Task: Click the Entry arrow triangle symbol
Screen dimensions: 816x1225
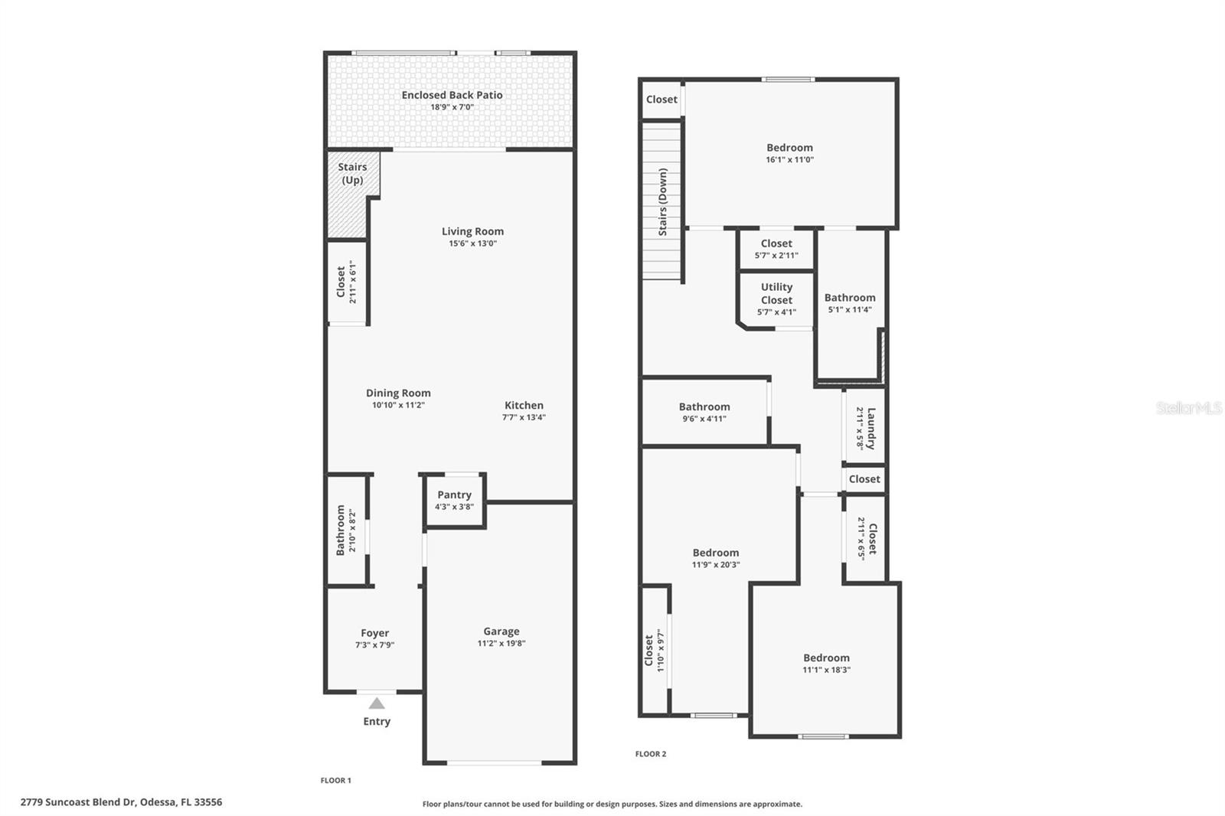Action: click(377, 703)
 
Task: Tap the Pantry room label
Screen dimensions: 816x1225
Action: click(454, 494)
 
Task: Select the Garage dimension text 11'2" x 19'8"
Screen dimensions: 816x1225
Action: click(501, 644)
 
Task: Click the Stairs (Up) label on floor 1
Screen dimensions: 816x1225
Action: click(352, 173)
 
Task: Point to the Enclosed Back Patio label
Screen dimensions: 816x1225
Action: click(452, 95)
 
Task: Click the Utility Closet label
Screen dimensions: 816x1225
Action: click(776, 293)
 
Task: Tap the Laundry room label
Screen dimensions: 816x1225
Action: click(871, 429)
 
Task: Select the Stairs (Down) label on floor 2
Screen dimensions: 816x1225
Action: click(663, 202)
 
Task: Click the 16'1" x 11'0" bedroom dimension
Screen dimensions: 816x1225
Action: click(789, 160)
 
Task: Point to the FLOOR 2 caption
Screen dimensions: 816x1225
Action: click(651, 754)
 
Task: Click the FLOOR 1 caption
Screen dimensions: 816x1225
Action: click(335, 781)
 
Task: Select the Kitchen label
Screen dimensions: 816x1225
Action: click(524, 405)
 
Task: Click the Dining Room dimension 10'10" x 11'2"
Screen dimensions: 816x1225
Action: click(398, 405)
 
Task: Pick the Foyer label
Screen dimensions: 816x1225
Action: click(374, 633)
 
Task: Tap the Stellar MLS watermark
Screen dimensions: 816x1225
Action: click(1188, 408)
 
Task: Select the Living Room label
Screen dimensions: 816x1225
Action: click(472, 231)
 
